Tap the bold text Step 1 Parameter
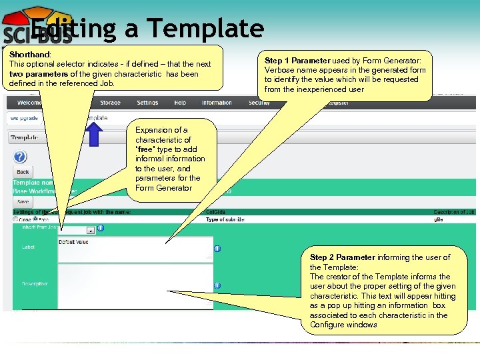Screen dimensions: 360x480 tap(298, 60)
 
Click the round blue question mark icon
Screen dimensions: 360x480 tap(21, 157)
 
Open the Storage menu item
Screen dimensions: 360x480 tap(110, 103)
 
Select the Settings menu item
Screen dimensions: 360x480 tap(147, 103)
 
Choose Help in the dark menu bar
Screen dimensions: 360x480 tap(180, 103)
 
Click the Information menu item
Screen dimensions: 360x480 tap(217, 103)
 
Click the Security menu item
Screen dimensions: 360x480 tap(259, 103)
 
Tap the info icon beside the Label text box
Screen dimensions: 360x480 tap(217, 249)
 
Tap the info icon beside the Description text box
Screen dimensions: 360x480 tap(217, 285)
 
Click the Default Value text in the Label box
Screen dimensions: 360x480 tap(73, 242)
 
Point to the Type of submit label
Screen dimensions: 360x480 tap(225, 219)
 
